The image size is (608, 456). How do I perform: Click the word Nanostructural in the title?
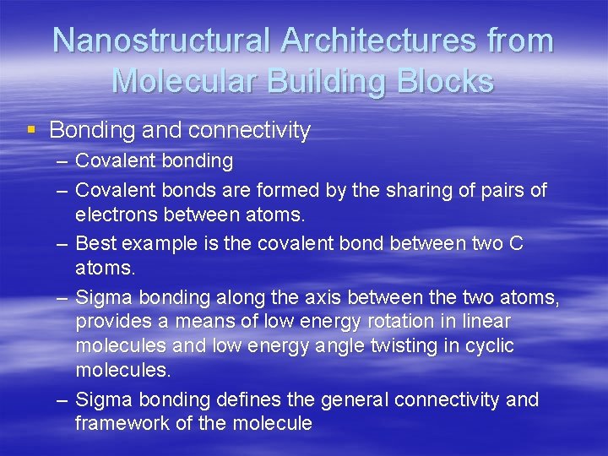(161, 41)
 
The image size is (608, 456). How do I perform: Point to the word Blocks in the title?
(445, 81)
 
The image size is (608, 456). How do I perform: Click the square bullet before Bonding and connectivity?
(31, 130)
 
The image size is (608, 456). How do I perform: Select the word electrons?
(114, 214)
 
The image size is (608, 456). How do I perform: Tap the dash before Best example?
(62, 244)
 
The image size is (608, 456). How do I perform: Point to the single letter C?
(516, 244)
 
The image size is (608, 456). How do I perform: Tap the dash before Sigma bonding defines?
(62, 399)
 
